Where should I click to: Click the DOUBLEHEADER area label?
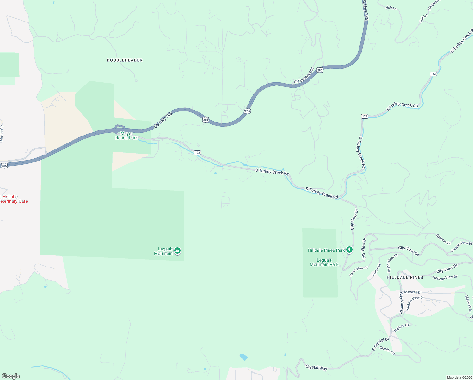coord(125,60)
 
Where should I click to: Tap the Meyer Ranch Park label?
coord(126,136)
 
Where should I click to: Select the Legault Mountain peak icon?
coord(177,251)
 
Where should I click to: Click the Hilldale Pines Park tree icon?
coord(349,250)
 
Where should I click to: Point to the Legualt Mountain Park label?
coord(324,262)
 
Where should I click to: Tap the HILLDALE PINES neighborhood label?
coord(405,277)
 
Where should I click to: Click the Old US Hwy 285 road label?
coord(304,76)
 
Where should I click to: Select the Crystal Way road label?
coord(316,367)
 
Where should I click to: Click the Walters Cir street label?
coord(402,327)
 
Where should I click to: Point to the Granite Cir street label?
coord(387,351)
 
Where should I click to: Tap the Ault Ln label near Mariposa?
coord(423,18)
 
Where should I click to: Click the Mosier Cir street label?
coord(2,133)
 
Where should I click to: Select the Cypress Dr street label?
coord(443,239)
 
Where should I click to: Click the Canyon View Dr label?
coord(461,247)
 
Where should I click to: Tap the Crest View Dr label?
coord(359,271)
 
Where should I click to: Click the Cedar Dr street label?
coord(376,270)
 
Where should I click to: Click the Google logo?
coord(11,376)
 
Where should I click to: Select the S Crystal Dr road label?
coord(380,344)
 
